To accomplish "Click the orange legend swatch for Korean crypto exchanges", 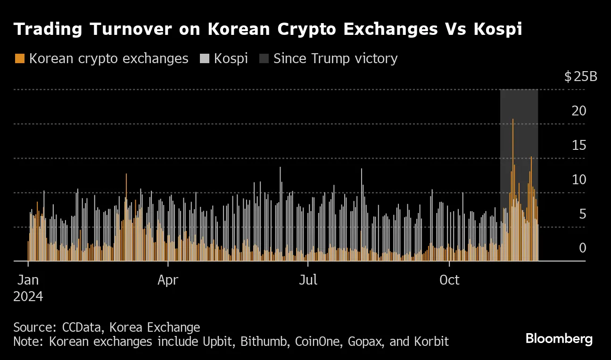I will coord(19,59).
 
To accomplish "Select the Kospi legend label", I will coord(231,59).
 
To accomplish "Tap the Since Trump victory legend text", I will coord(335,59).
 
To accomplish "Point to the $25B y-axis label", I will coord(580,76).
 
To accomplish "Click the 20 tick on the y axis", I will coord(579,111).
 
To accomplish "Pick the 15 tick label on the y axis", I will coord(579,146).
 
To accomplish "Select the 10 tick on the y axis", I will coord(579,180).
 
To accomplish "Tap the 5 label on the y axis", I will coord(582,214).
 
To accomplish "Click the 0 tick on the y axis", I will coord(582,248).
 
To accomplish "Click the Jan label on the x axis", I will coord(28,280).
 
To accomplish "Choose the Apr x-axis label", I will coord(168,280).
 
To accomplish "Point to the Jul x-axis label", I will coord(308,280).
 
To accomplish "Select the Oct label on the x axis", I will coord(449,280).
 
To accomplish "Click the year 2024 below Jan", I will coord(28,297).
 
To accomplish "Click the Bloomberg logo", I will coord(559,339).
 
